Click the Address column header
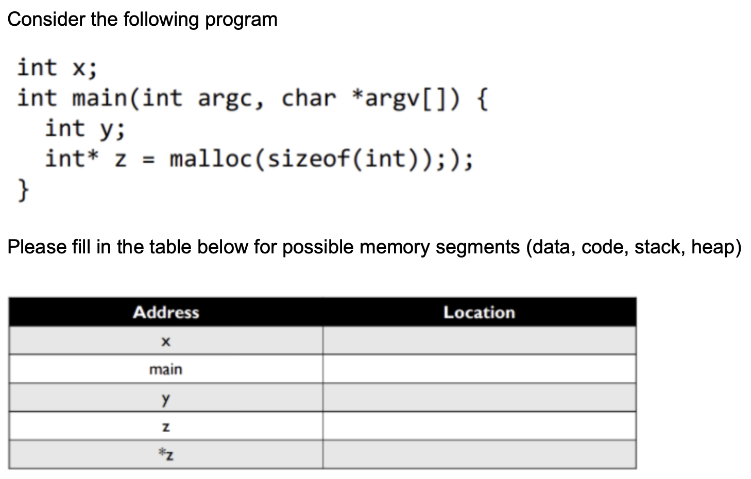pyautogui.click(x=166, y=312)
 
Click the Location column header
pyautogui.click(x=479, y=312)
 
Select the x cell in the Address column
pyautogui.click(x=165, y=341)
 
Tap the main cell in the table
pyautogui.click(x=165, y=369)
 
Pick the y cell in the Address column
pyautogui.click(x=165, y=398)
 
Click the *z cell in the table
pyautogui.click(x=165, y=454)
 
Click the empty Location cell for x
pyautogui.click(x=479, y=341)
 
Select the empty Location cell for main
pyautogui.click(x=479, y=369)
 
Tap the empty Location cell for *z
pyautogui.click(x=479, y=454)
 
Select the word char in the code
pyautogui.click(x=309, y=98)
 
